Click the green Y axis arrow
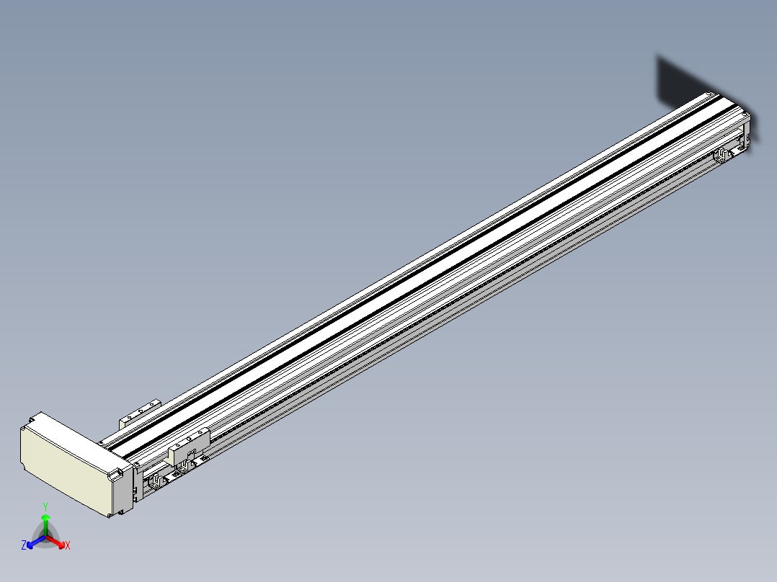45,524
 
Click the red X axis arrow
55,541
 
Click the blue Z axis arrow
36,542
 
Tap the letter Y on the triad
45,507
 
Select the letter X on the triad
68,545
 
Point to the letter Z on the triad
24,545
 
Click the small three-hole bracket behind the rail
141,413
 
